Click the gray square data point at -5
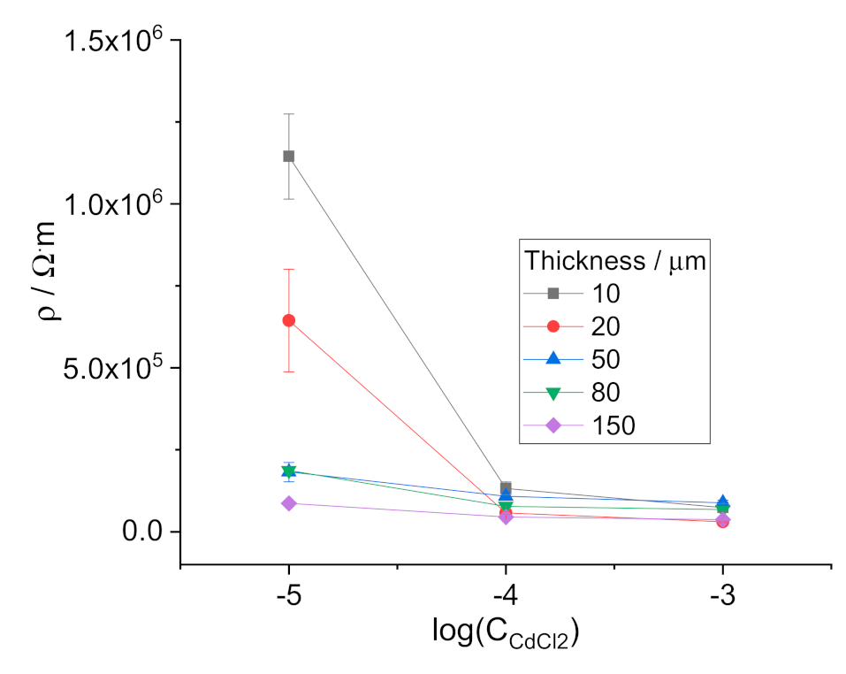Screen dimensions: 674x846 (x=288, y=157)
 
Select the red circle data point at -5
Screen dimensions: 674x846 (x=288, y=320)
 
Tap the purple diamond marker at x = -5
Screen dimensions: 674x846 (x=288, y=503)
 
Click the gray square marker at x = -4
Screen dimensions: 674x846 (x=506, y=488)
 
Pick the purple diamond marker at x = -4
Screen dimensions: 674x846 (x=506, y=517)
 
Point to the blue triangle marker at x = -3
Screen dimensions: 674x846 (x=722, y=502)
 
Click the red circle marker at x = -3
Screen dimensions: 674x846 (x=722, y=522)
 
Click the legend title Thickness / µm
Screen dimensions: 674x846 (x=614, y=260)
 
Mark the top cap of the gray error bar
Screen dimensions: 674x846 (x=288, y=114)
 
